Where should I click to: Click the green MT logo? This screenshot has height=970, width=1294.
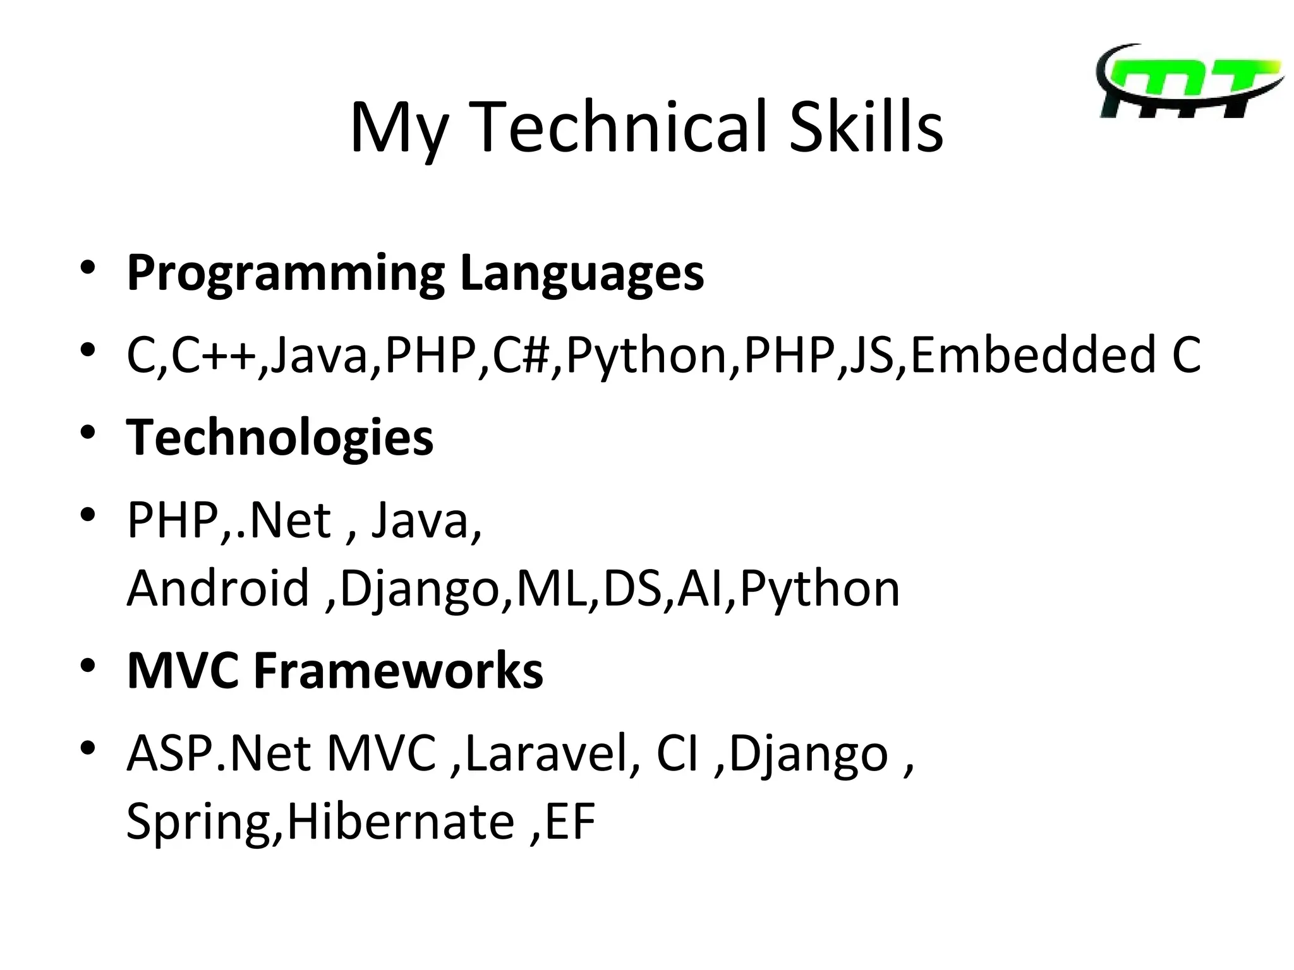coord(1189,82)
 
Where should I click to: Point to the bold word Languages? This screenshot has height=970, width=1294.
coord(581,273)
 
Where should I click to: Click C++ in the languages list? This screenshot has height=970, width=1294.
coord(214,355)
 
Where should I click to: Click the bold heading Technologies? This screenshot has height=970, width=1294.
coord(280,437)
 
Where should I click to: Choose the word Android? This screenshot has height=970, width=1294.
coord(218,588)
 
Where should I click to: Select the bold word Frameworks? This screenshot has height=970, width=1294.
coord(398,670)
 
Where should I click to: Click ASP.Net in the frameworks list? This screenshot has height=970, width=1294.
coord(219,753)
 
